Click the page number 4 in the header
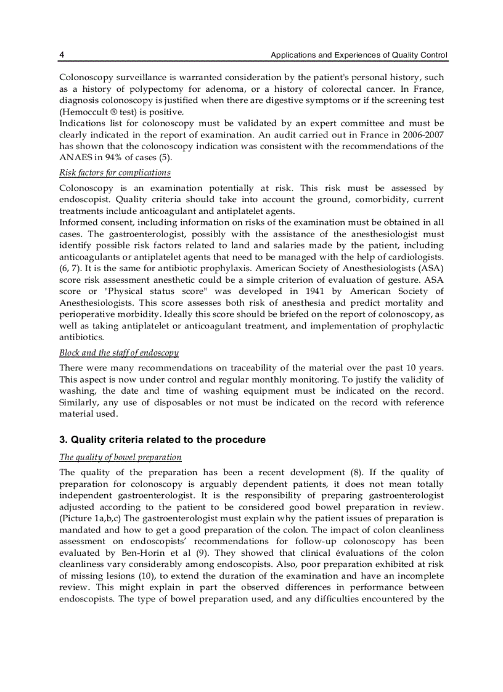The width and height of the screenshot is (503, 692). click(62, 55)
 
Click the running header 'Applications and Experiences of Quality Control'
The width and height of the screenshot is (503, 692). click(359, 55)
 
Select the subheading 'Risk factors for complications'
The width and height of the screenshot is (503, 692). click(115, 173)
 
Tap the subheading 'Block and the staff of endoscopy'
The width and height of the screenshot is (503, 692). click(119, 352)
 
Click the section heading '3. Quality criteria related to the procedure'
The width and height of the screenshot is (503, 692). click(162, 440)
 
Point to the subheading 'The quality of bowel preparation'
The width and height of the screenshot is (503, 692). click(120, 457)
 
